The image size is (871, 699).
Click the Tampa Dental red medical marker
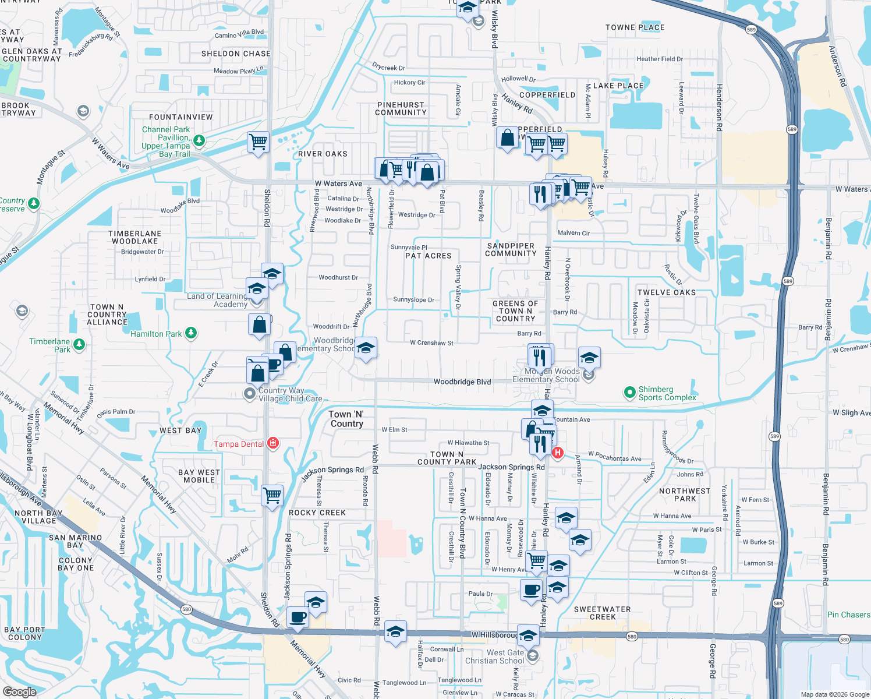(x=272, y=443)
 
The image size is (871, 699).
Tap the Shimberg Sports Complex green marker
(x=629, y=393)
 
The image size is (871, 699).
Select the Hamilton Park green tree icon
(x=191, y=333)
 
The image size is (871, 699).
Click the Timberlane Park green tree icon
(x=79, y=344)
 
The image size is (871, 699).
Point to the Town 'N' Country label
(x=346, y=419)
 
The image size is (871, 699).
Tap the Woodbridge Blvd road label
(x=462, y=382)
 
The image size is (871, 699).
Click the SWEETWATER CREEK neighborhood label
(x=602, y=613)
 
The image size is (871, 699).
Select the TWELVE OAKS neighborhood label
(x=666, y=292)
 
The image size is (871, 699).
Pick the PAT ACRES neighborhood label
(x=428, y=256)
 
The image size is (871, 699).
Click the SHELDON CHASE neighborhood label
(x=236, y=54)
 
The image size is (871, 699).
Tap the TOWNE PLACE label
(x=635, y=27)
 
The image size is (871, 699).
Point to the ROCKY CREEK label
(x=317, y=513)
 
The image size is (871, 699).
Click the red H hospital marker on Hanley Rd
(x=558, y=453)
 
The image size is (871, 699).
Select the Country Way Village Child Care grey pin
(x=250, y=394)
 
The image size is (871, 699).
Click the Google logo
(x=20, y=692)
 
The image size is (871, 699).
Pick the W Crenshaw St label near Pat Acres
(x=431, y=343)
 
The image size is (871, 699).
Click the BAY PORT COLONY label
(x=25, y=633)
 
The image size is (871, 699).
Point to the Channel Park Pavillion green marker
(x=199, y=140)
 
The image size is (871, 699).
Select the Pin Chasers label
(x=848, y=615)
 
